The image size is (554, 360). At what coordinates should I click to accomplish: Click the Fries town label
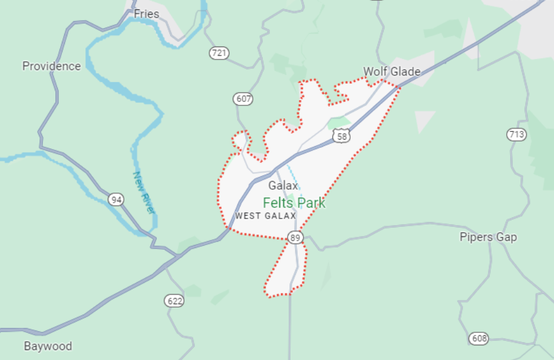146,14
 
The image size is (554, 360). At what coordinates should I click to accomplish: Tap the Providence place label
51,66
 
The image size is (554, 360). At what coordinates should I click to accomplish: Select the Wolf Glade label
391,72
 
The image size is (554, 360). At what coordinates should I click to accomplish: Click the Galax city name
283,186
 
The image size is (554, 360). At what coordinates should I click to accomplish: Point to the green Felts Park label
294,203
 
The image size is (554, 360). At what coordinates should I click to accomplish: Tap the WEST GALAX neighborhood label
266,216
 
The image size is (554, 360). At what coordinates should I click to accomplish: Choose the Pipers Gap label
488,237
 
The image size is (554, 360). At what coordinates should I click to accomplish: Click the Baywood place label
48,346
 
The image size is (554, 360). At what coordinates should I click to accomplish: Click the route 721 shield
219,53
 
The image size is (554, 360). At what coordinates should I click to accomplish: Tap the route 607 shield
243,98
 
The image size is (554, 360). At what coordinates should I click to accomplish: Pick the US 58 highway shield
341,136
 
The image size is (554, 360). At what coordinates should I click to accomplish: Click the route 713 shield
516,134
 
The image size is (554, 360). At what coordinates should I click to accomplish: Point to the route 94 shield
116,200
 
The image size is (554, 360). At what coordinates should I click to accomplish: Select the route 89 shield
295,237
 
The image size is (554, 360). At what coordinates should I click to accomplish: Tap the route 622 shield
174,301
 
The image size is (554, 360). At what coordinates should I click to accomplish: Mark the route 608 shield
479,338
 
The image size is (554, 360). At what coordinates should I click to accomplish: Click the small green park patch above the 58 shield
339,123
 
